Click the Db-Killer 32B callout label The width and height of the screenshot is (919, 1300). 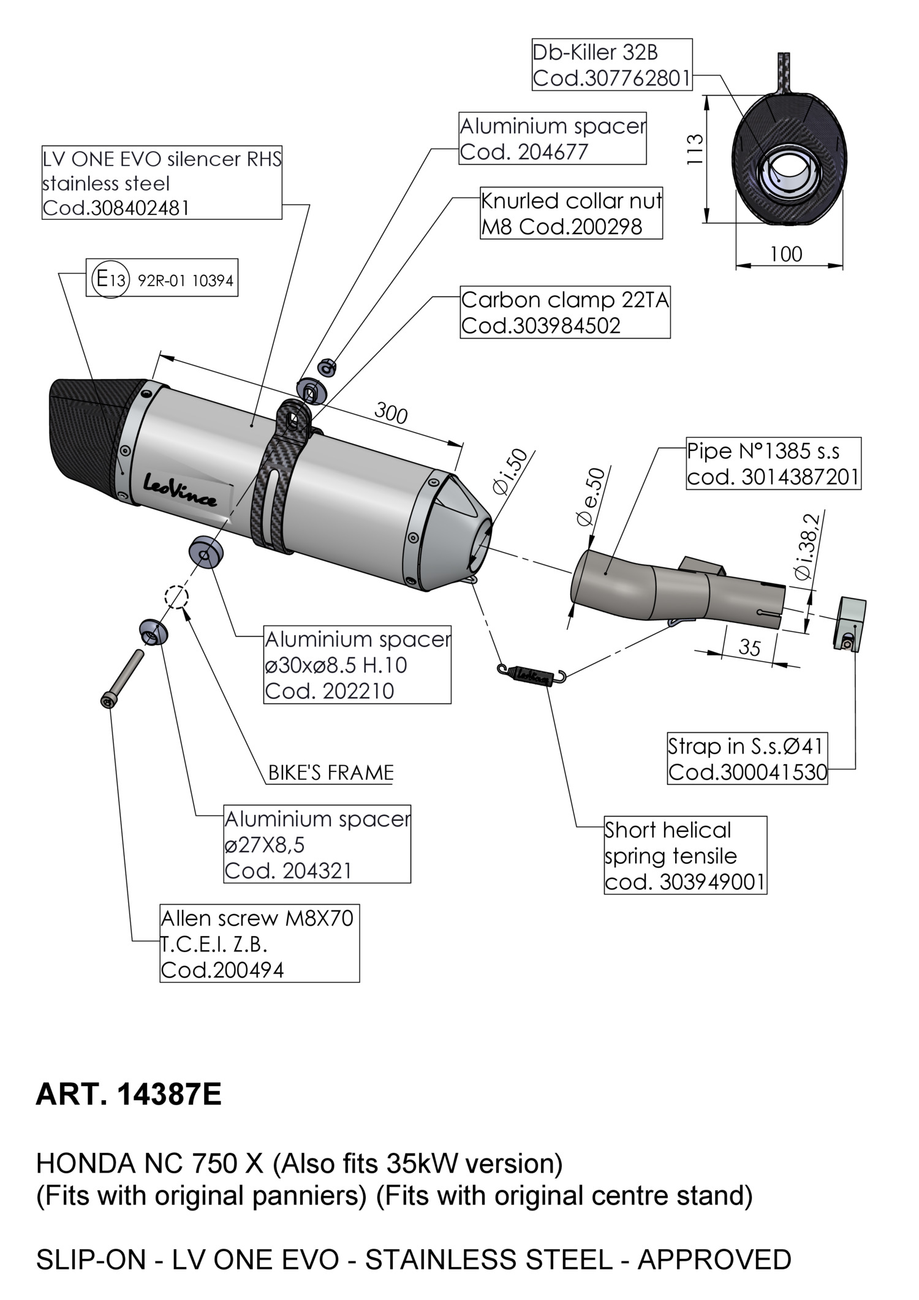(611, 65)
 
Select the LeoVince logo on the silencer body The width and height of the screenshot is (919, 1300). (180, 491)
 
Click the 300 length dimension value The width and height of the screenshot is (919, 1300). (390, 414)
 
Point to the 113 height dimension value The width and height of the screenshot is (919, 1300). (694, 149)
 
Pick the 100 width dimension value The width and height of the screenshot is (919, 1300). (786, 254)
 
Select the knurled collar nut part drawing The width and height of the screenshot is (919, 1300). (327, 368)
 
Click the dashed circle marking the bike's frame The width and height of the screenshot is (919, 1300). (176, 596)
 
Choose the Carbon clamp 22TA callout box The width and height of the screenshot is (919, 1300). (565, 313)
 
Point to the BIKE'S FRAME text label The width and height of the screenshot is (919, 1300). (331, 773)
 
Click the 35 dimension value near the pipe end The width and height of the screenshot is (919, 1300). (749, 648)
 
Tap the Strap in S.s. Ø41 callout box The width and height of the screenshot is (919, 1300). (747, 758)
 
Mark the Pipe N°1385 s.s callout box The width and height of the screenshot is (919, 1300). (773, 464)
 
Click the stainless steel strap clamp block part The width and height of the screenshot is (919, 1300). (849, 624)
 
